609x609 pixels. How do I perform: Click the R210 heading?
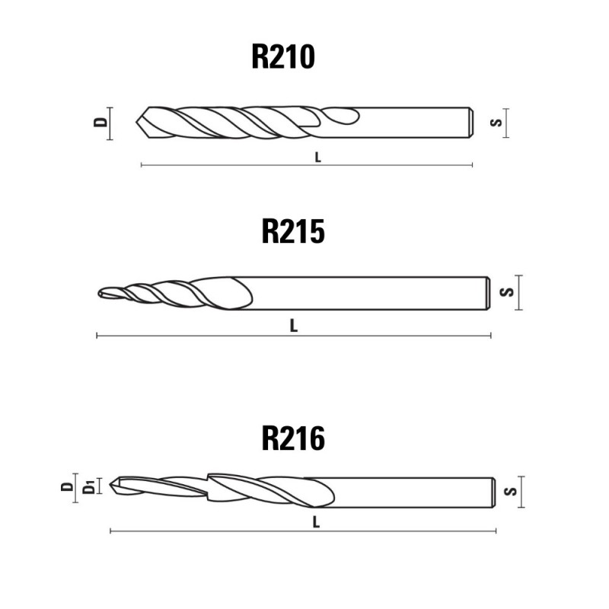pos(283,56)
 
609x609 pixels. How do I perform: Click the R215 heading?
pos(293,231)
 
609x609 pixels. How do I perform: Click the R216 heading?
pos(293,438)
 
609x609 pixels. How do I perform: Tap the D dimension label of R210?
pos(100,122)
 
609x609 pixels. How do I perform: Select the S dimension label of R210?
pos(496,123)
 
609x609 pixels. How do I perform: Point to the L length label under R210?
pos(318,158)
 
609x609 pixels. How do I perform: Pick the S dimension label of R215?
pos(507,292)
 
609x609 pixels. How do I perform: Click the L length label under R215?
pos(294,326)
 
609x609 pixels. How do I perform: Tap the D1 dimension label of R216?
pos(89,487)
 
